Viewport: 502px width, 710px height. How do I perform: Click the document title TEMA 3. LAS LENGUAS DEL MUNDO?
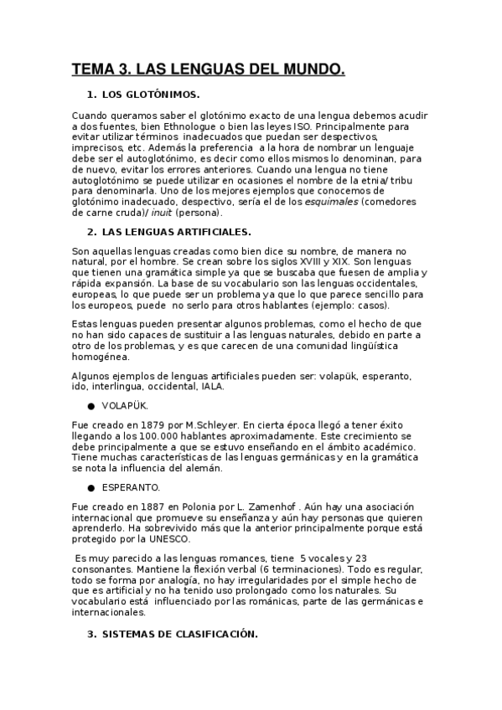coord(208,70)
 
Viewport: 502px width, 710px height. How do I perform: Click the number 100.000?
coord(149,436)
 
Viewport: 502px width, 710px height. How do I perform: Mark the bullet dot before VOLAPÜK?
coord(91,405)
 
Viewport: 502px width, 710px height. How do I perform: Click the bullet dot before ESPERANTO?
coord(91,486)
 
